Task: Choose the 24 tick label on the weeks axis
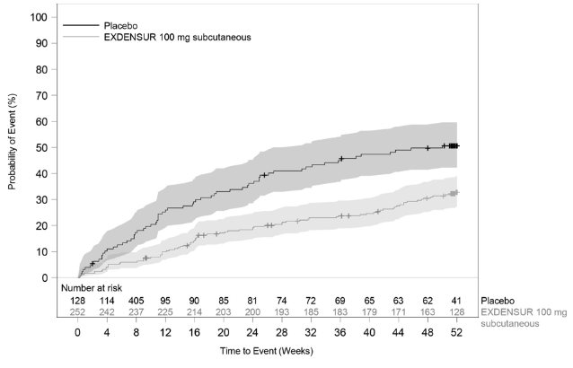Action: pos(252,331)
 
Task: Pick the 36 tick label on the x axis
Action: pos(339,331)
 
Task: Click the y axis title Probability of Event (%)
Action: pos(13,147)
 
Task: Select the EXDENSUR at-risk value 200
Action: pos(252,311)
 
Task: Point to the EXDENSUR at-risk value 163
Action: pos(427,311)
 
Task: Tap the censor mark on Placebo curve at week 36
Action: pos(341,159)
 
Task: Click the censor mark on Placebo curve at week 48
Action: pos(428,148)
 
